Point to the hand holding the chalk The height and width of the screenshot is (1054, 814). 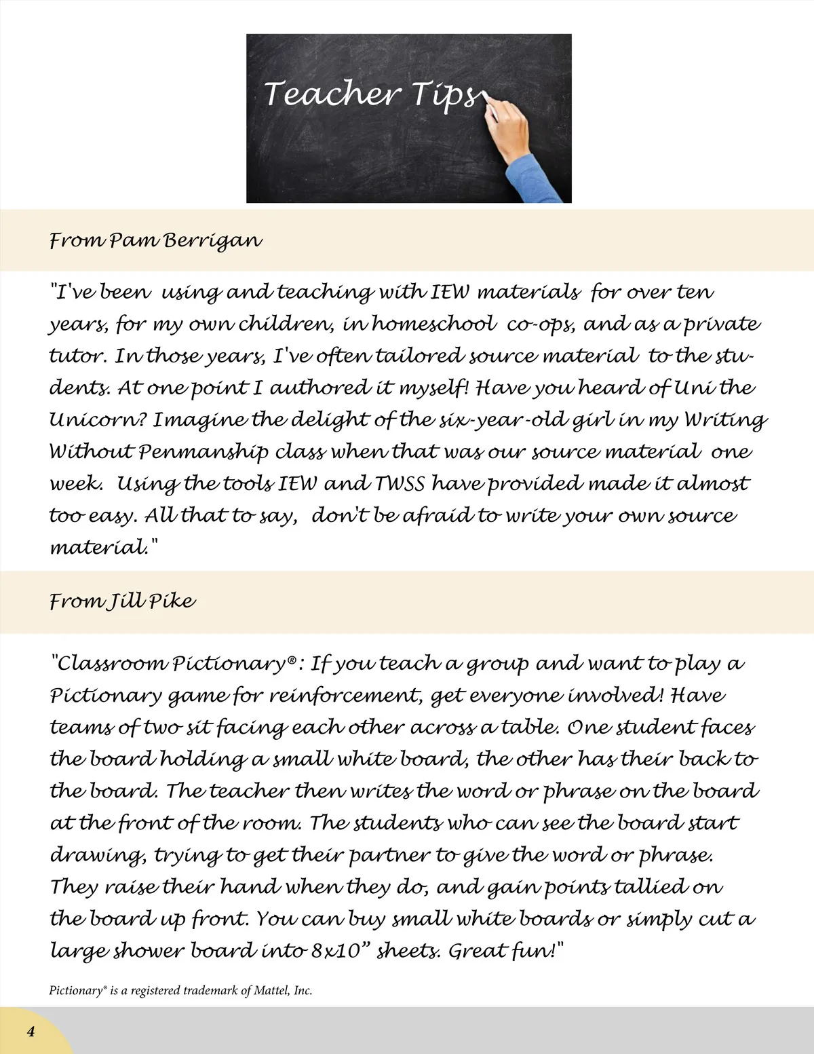(x=509, y=129)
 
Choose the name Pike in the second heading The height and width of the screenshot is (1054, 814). (x=172, y=601)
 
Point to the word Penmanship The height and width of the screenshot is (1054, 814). (x=203, y=452)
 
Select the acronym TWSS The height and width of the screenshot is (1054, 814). (x=400, y=484)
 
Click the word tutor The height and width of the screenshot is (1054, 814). (x=77, y=356)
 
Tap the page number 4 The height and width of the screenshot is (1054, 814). (x=31, y=1032)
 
